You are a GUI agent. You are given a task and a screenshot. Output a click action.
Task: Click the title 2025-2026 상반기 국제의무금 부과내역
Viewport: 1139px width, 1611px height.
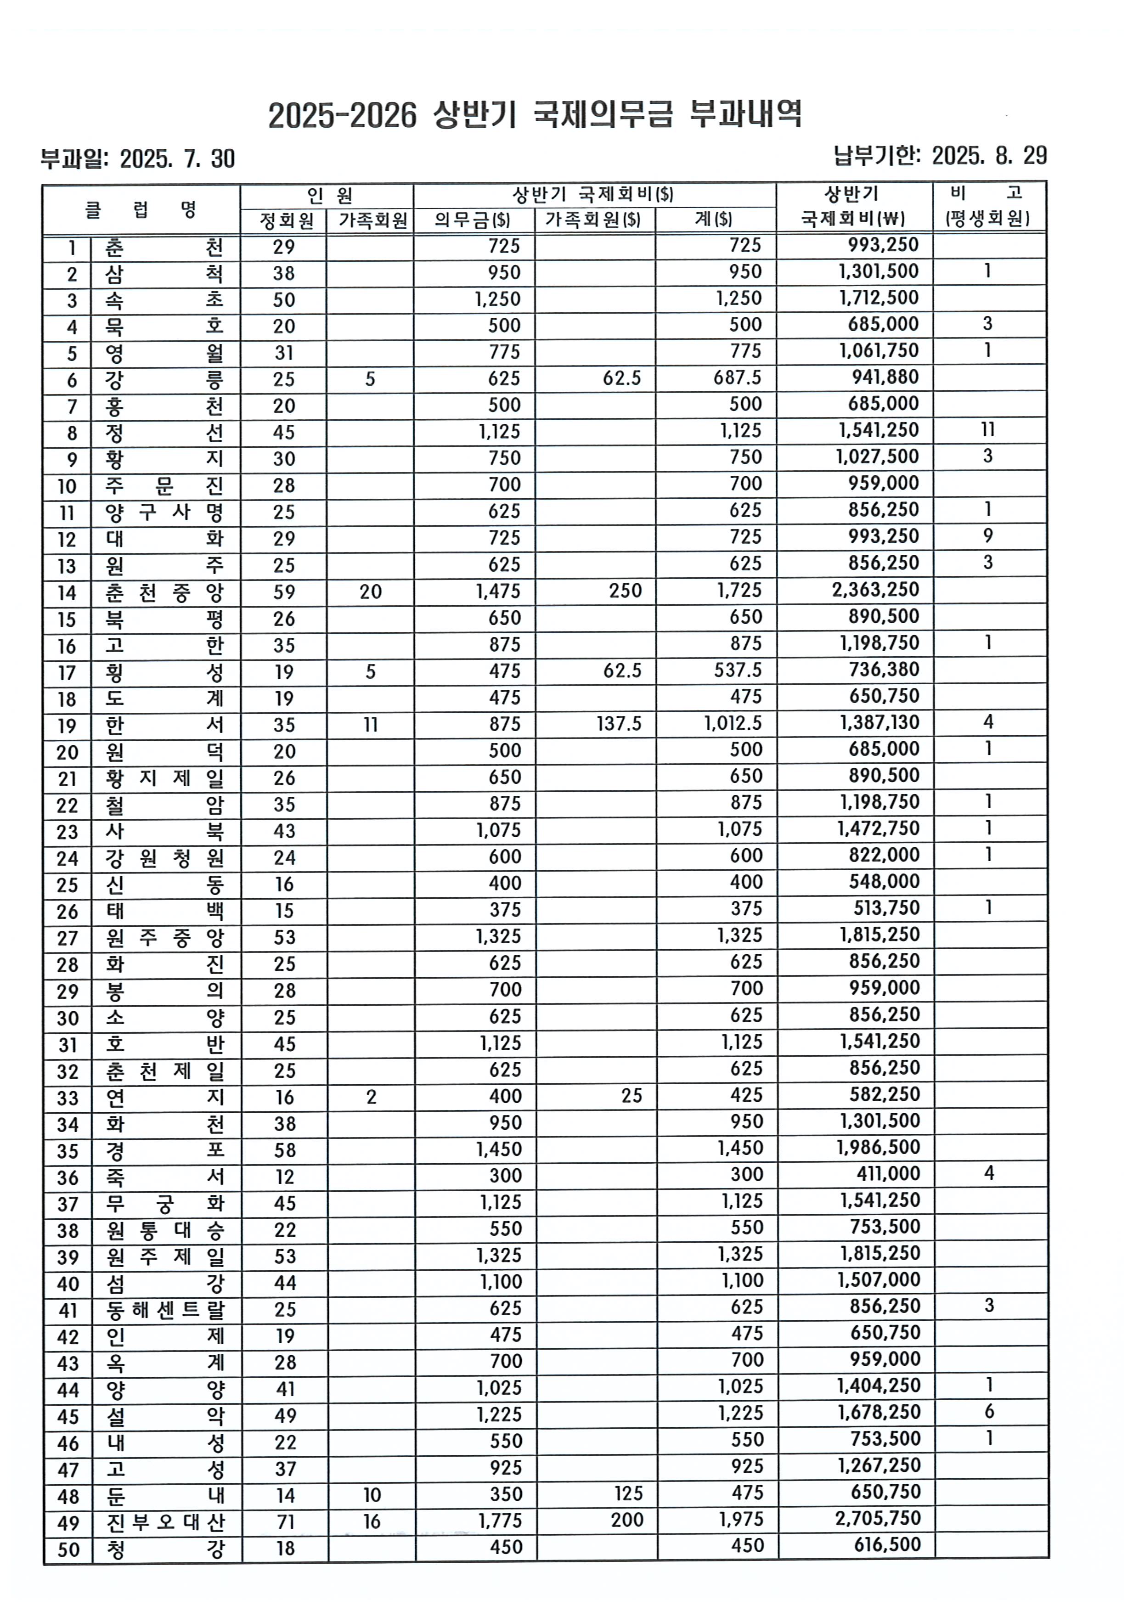[x=535, y=114]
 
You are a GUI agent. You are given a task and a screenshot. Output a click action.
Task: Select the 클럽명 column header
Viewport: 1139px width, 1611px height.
[x=141, y=209]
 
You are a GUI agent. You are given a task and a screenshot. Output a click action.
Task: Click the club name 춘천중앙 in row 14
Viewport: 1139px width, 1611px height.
[x=164, y=593]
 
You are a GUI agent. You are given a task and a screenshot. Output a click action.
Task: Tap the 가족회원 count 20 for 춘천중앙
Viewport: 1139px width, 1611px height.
[x=371, y=591]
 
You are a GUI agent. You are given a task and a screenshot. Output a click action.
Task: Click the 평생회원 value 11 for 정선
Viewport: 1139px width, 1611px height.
[x=987, y=429]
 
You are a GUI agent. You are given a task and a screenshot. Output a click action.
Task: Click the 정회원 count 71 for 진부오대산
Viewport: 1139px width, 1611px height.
[x=285, y=1521]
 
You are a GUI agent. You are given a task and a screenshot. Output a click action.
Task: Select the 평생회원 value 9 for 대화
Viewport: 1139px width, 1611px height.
[x=987, y=536]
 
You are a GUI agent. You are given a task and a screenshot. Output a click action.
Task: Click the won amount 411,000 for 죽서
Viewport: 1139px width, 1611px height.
[x=888, y=1174]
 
